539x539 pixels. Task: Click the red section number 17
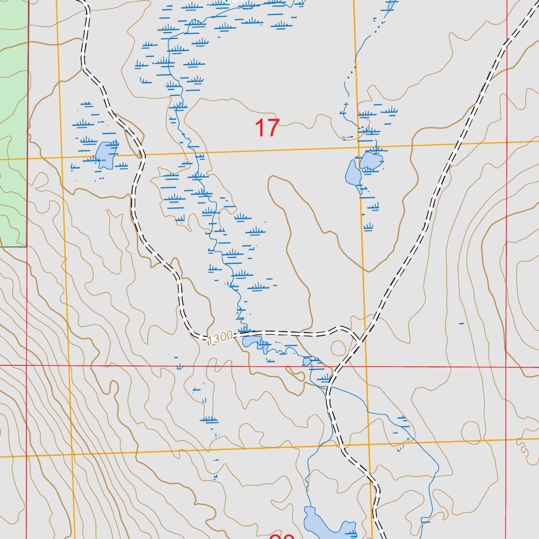coord(267,128)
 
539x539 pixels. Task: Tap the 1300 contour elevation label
coord(220,338)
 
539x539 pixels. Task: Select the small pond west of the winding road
coord(105,155)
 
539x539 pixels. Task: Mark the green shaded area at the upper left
coord(13,121)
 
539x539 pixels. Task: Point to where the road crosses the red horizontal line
coord(337,365)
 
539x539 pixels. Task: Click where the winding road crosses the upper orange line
coord(144,155)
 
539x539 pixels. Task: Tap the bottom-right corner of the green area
coord(26,246)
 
